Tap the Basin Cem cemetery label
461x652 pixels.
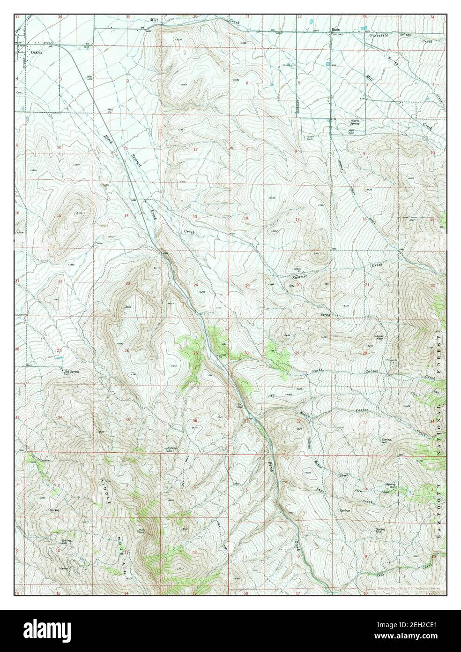pyautogui.click(x=310, y=138)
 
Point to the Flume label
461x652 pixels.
pyautogui.click(x=99, y=243)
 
